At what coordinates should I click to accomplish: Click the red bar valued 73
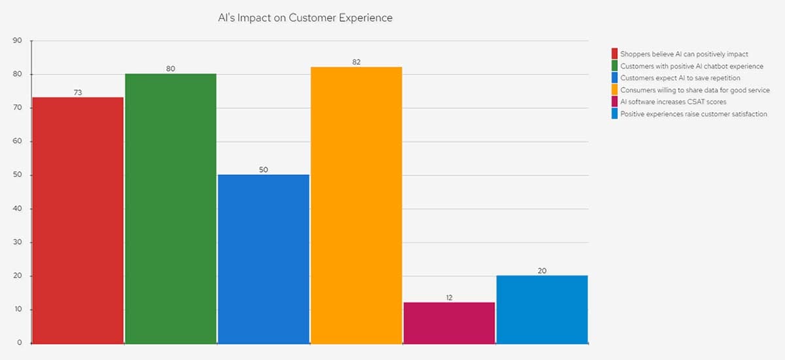click(x=78, y=220)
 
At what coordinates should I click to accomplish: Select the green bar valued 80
click(x=171, y=208)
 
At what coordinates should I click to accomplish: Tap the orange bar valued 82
click(x=357, y=205)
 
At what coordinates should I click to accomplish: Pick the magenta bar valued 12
click(x=449, y=323)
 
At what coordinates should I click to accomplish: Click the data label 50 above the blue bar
click(x=264, y=170)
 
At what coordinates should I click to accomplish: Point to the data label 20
click(x=542, y=270)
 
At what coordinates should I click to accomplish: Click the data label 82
click(x=357, y=62)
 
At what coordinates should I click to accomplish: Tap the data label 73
click(x=78, y=92)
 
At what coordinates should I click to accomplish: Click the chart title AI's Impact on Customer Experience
click(x=305, y=18)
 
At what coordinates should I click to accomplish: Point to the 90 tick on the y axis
click(x=18, y=41)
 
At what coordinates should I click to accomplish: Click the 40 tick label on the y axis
click(x=18, y=209)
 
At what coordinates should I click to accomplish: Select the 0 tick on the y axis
click(x=20, y=343)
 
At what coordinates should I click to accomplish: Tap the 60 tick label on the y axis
click(x=18, y=141)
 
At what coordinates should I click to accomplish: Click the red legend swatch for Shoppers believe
click(x=615, y=54)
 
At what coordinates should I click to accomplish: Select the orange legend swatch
click(x=615, y=90)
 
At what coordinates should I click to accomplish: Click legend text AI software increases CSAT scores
click(x=673, y=102)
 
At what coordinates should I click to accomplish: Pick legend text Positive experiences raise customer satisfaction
click(x=693, y=114)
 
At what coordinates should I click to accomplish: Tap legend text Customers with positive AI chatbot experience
click(x=691, y=66)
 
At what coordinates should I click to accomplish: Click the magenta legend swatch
click(x=615, y=102)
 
